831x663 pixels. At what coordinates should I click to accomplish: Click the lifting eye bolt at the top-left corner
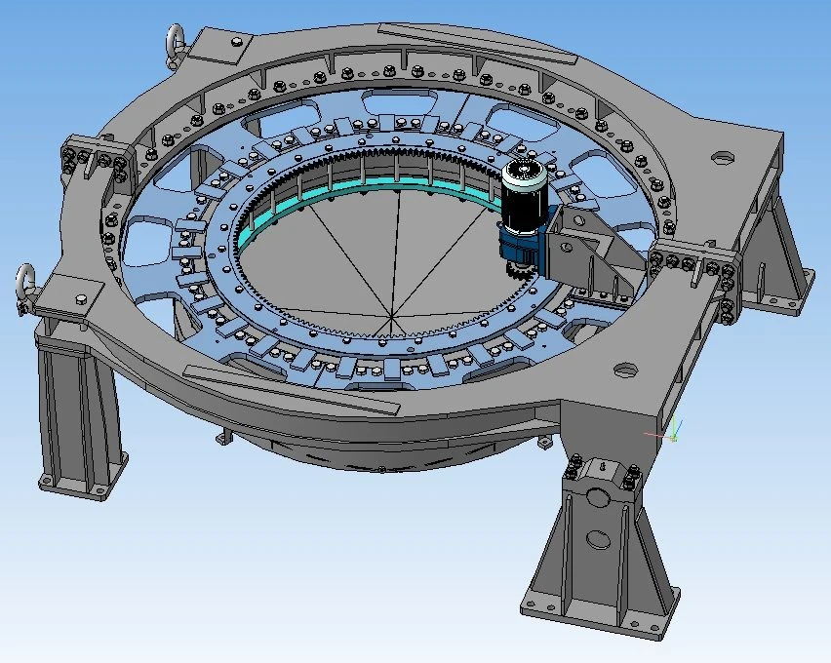(174, 41)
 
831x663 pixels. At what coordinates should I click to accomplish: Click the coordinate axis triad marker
(672, 432)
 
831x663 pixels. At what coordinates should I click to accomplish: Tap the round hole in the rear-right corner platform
(722, 155)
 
